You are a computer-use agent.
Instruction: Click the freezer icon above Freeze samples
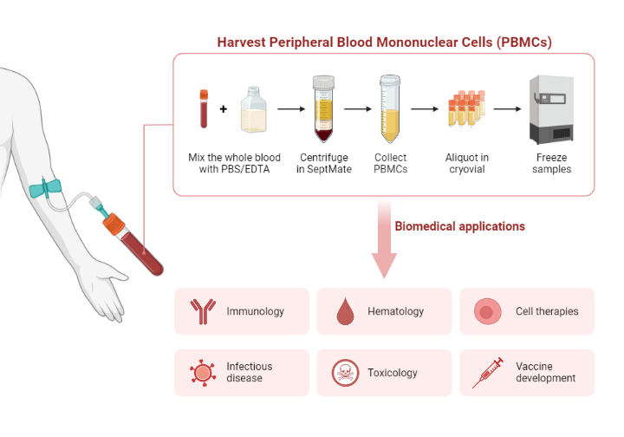coord(552,109)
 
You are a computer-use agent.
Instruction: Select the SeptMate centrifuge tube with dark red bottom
coord(322,109)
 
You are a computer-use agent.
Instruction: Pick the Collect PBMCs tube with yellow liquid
coord(390,109)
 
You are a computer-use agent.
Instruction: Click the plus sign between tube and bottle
coord(223,109)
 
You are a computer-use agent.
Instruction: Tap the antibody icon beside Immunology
coord(202,311)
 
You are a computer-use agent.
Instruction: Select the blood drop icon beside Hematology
coord(344,311)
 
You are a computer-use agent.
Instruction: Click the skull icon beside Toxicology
coord(344,373)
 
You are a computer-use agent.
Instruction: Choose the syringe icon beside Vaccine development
coord(487,373)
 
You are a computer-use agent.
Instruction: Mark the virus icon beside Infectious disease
coord(202,373)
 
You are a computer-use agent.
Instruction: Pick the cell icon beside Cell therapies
coord(487,311)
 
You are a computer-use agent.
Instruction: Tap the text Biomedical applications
coord(459,226)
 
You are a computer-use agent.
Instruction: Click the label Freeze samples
coord(552,163)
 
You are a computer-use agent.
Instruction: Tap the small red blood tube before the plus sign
coord(204,108)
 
